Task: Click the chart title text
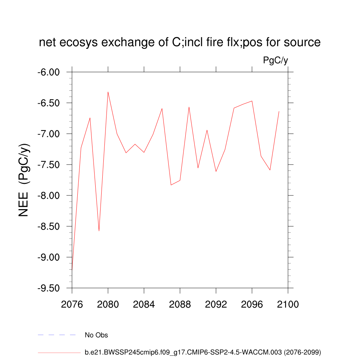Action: [180, 43]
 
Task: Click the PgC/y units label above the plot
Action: [276, 60]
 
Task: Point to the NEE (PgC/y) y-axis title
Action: [24, 180]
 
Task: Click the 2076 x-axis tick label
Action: [72, 304]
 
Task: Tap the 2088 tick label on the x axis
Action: [180, 304]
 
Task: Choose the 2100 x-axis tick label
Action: [288, 304]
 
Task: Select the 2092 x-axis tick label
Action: [216, 304]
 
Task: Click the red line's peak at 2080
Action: [108, 92]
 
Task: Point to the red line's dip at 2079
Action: [99, 231]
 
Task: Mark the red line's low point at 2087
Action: [171, 185]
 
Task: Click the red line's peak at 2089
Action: [189, 107]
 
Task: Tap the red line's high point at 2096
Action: [252, 101]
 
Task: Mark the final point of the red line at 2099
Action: [279, 111]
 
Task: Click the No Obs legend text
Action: [96, 335]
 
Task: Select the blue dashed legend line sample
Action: [57, 335]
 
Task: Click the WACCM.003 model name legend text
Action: [203, 352]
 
